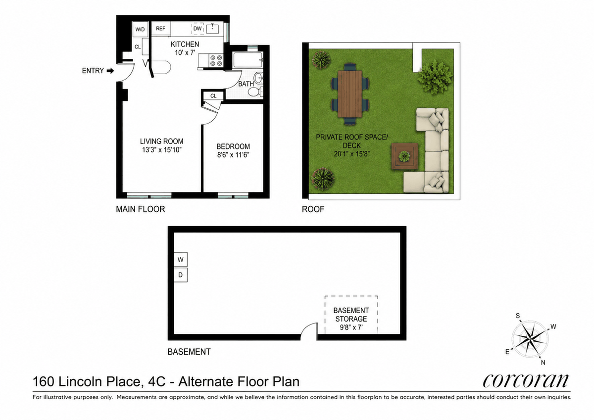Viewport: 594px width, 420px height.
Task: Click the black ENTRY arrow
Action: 110,71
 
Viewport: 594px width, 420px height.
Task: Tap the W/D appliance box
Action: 140,29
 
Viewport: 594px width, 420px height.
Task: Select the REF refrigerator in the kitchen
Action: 161,29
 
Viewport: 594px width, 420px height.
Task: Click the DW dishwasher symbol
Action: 198,29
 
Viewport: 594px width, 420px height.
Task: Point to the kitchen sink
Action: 213,29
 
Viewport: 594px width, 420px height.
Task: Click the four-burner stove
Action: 216,60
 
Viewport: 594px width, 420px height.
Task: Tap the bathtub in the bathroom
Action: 248,60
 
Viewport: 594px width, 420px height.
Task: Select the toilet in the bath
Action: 255,92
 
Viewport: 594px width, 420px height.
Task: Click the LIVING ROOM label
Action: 162,141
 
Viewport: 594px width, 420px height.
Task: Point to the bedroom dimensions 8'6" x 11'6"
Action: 233,155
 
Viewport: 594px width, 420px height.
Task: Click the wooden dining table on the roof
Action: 350,94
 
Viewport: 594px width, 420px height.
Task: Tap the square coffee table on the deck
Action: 405,156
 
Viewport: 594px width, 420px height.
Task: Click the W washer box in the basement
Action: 181,259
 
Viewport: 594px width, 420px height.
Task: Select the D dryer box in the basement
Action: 181,275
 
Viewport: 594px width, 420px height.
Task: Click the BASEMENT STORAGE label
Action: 351,315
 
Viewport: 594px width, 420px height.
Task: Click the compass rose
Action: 530,339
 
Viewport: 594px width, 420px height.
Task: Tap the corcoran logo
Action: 525,381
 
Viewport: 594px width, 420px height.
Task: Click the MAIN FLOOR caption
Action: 141,209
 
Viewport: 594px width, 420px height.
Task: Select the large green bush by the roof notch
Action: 435,77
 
